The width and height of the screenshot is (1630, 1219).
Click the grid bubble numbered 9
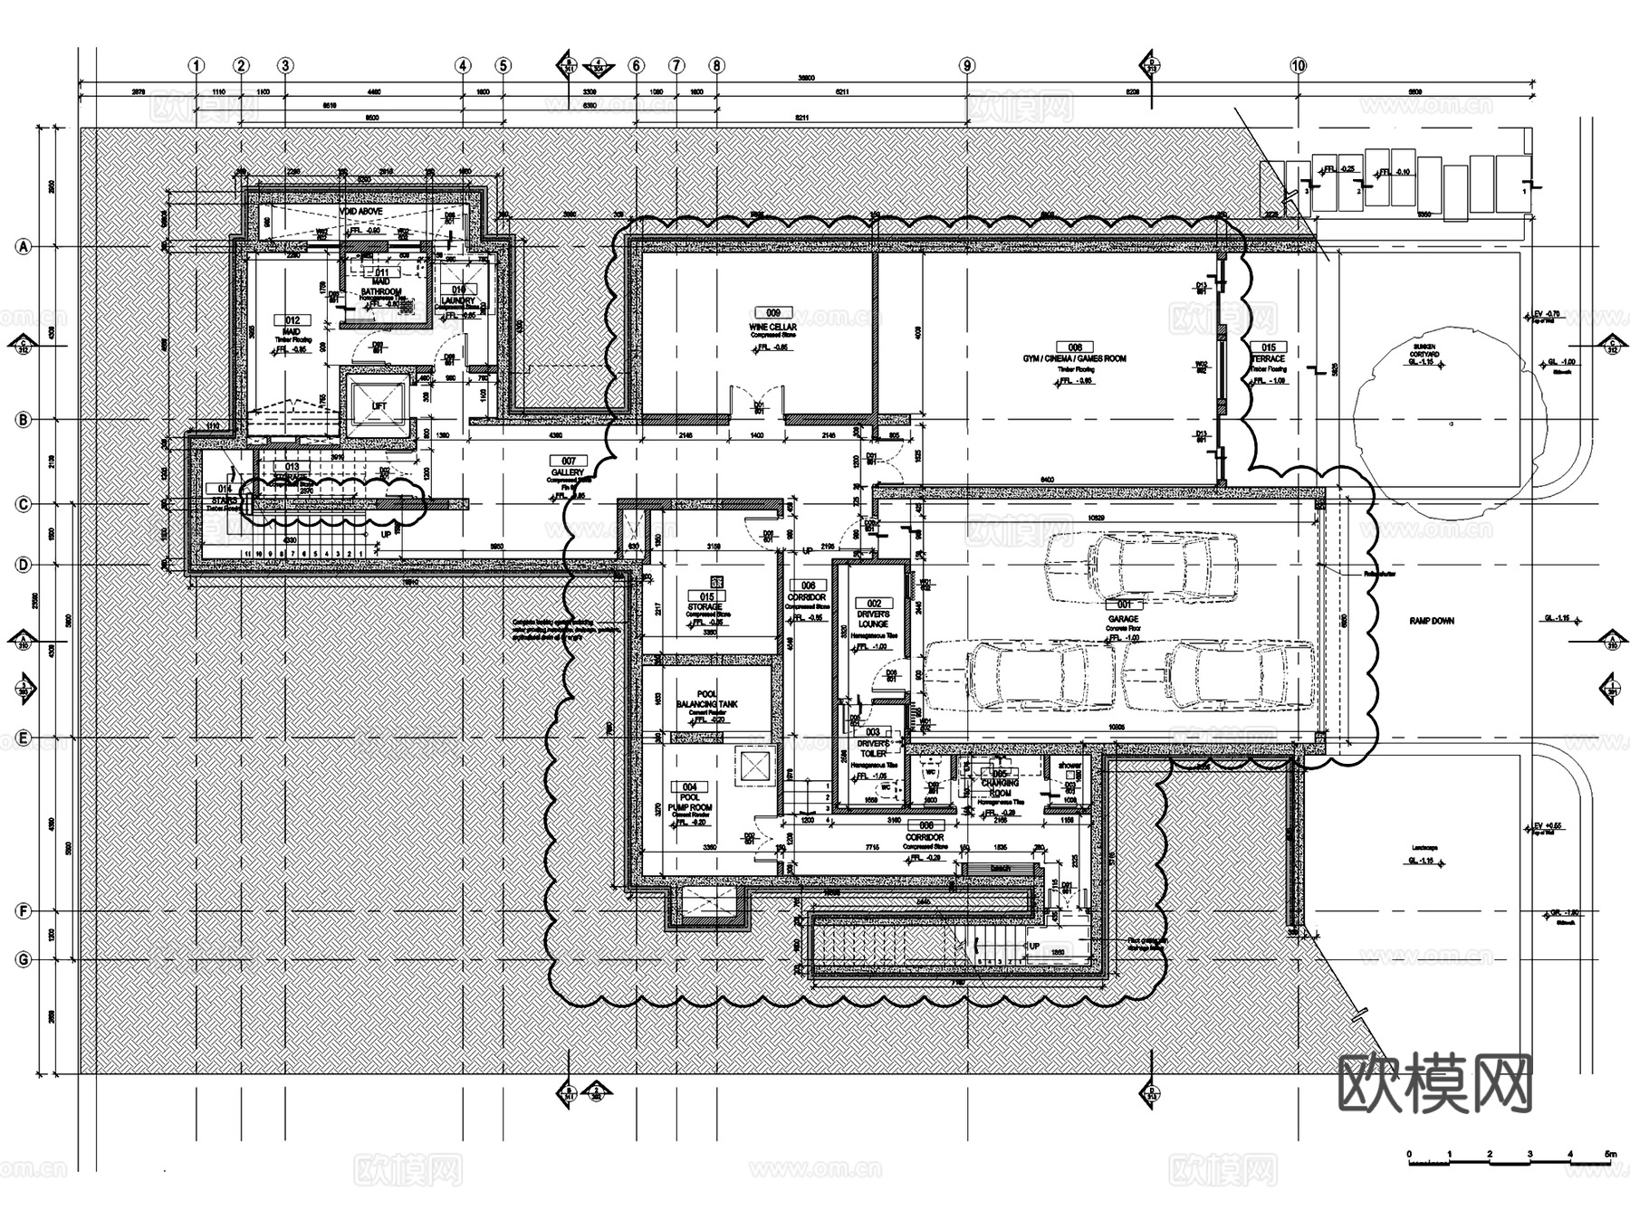point(967,65)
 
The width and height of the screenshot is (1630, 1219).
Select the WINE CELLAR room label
point(772,327)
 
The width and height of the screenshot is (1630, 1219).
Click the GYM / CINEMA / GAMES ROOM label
point(1075,358)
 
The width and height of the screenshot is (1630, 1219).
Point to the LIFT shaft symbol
point(379,405)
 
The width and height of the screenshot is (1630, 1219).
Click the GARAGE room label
point(1123,619)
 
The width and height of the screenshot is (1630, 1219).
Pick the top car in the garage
point(1141,567)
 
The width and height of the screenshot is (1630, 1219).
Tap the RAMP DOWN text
point(1432,622)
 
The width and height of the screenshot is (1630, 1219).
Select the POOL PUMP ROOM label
point(690,803)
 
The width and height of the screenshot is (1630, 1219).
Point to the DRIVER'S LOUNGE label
point(873,619)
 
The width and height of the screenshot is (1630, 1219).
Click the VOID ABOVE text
point(361,211)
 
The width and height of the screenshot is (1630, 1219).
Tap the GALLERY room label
point(568,473)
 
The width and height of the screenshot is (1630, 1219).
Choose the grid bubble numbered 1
point(197,65)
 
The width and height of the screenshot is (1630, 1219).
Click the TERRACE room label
point(1268,359)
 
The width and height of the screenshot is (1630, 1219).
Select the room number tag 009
point(772,313)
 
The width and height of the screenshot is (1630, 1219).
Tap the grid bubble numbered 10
point(1299,65)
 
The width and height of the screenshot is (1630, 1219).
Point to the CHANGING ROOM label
point(1000,787)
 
